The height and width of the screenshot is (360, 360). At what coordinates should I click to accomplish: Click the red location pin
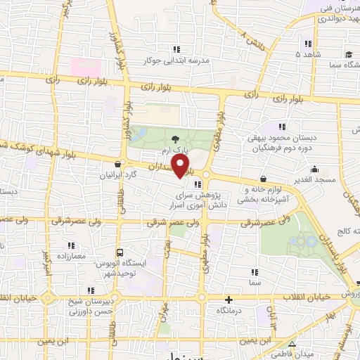pyautogui.click(x=182, y=165)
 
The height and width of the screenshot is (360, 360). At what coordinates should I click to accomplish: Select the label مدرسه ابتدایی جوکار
pyautogui.click(x=176, y=61)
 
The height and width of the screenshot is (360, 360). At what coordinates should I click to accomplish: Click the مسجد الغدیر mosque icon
pyautogui.click(x=314, y=169)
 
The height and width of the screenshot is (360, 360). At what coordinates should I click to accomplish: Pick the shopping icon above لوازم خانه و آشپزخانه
pyautogui.click(x=263, y=179)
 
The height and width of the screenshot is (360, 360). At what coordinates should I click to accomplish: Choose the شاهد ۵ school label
pyautogui.click(x=308, y=53)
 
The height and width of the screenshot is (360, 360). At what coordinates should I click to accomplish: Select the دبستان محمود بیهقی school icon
pyautogui.click(x=283, y=127)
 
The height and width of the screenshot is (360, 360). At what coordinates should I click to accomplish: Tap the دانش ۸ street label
pyautogui.click(x=251, y=37)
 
